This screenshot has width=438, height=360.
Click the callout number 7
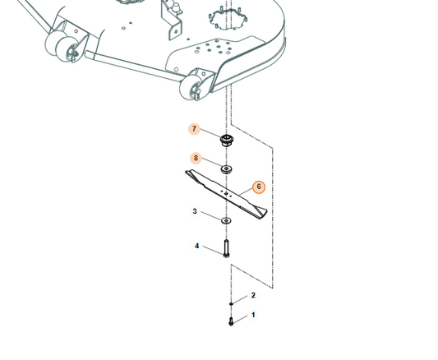194,129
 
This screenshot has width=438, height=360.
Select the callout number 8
196,158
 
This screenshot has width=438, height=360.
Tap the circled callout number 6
259,187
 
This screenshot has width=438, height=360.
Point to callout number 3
195,211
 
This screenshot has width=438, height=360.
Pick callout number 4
197,246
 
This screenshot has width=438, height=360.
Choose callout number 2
253,295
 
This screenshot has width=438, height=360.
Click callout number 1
253,315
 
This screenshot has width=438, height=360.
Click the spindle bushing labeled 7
227,140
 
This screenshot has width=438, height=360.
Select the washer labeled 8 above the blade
227,169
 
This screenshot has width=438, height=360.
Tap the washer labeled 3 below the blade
226,220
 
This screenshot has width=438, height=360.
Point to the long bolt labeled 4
226,248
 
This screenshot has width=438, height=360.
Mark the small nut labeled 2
231,303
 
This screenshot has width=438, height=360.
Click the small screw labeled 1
231,321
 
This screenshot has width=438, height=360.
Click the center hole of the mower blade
226,193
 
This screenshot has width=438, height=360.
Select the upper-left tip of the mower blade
186,171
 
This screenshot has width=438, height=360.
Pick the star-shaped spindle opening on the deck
228,19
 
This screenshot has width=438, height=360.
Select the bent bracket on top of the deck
171,20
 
